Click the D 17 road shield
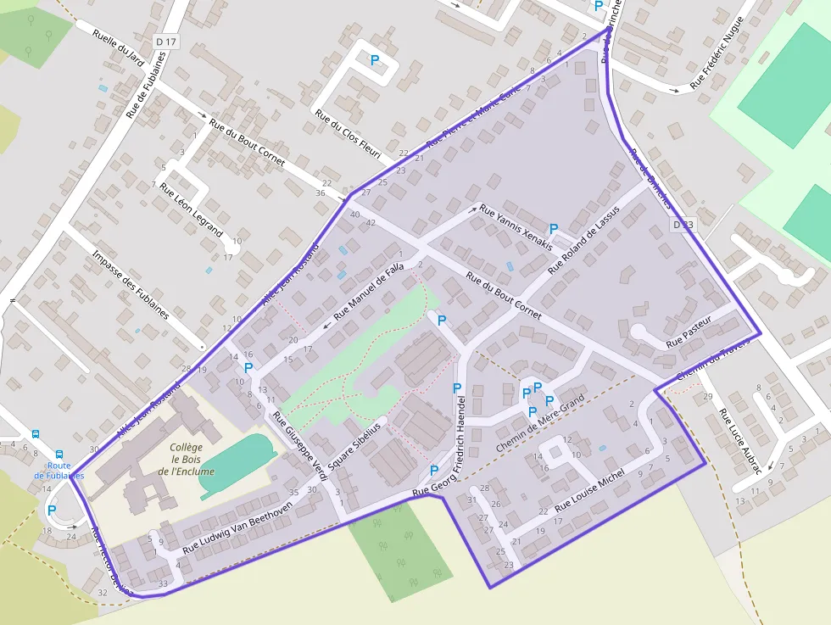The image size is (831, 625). click(x=166, y=41)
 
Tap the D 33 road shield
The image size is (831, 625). click(x=683, y=225)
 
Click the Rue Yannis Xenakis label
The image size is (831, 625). click(x=516, y=226)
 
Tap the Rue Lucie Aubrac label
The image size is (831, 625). click(x=740, y=441)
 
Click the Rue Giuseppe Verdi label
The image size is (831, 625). click(x=299, y=446)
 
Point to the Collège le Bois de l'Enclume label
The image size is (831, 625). click(x=186, y=459)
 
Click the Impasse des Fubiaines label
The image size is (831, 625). click(x=131, y=283)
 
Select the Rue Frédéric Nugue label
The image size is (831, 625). click(x=717, y=53)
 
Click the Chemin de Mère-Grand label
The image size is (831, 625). click(x=539, y=423)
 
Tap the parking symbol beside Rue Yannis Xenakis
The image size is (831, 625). click(x=554, y=229)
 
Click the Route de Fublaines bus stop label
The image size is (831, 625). click(x=59, y=470)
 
